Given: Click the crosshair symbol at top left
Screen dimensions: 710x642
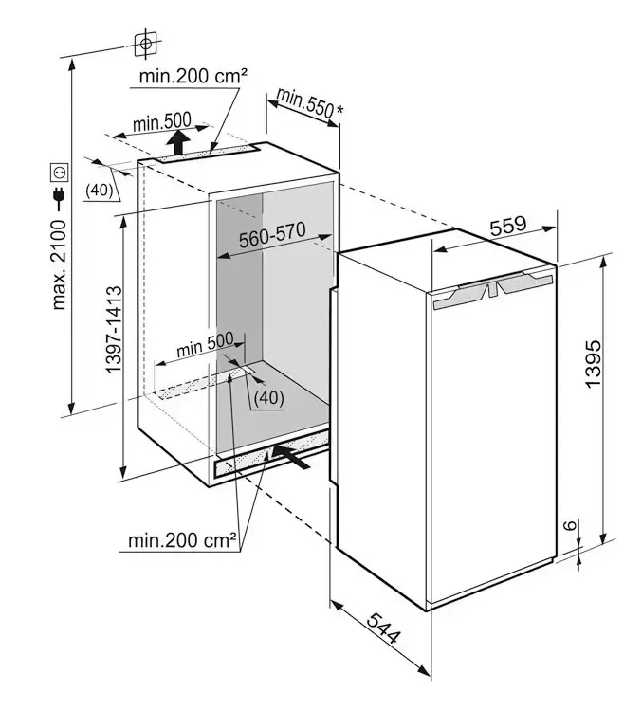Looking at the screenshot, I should (x=144, y=44).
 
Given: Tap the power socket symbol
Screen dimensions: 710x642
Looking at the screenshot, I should (x=60, y=173).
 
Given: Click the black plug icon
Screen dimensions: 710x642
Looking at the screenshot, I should (x=60, y=198).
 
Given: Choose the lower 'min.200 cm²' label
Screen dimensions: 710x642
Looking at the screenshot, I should (x=182, y=541).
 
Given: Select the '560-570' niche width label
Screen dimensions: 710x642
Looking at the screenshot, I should (x=271, y=240).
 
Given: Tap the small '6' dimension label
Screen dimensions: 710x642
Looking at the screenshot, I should (x=566, y=526).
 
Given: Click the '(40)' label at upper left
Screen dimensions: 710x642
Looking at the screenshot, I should (x=100, y=190).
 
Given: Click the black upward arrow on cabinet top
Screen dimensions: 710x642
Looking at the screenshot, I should (x=178, y=143).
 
